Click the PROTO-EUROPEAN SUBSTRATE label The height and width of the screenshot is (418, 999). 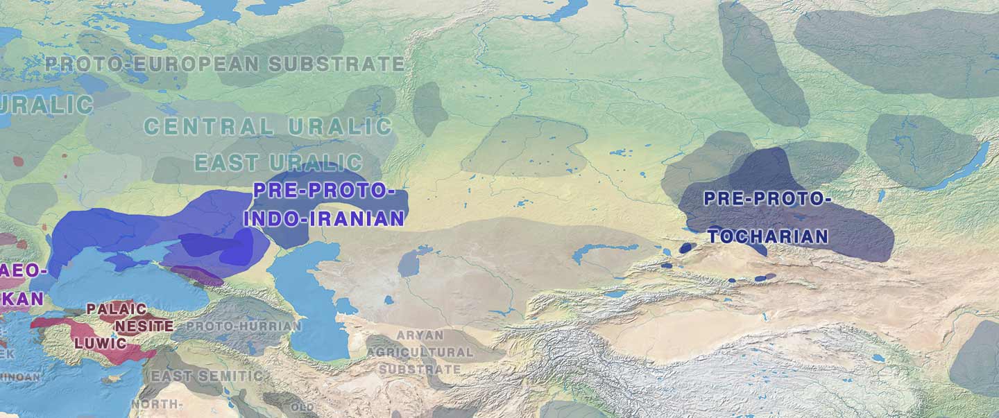(224, 64)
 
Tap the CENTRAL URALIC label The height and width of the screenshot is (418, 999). (268, 127)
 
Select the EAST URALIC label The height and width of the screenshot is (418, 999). (278, 163)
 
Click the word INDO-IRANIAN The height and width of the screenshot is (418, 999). (324, 219)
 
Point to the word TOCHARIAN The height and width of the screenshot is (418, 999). (768, 236)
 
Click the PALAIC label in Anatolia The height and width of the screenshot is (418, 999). (116, 309)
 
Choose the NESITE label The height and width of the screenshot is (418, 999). (144, 325)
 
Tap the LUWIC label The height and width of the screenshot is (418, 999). (101, 343)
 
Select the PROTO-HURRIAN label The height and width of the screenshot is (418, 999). (244, 326)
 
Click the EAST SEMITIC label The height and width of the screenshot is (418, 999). (207, 376)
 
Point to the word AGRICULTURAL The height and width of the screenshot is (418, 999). (420, 352)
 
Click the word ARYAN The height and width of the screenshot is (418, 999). (420, 336)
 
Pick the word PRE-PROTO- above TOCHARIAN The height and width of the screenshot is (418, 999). (767, 199)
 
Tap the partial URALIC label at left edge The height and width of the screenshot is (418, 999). (46, 105)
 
